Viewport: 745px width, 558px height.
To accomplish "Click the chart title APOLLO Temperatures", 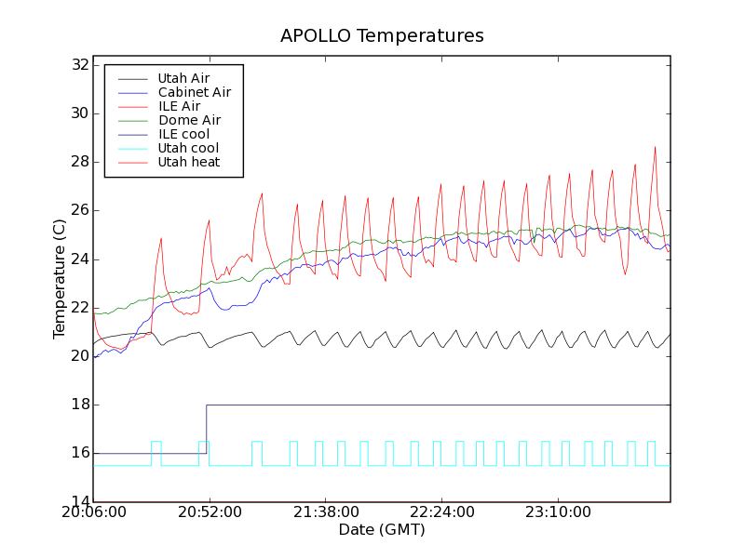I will pyautogui.click(x=382, y=36).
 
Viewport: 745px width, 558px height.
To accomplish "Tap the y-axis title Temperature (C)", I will pyautogui.click(x=60, y=279).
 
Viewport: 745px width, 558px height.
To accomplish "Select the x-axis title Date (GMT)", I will pyautogui.click(x=382, y=530).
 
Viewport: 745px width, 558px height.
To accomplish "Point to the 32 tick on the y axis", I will pyautogui.click(x=78, y=65).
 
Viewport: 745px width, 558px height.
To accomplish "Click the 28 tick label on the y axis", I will pyautogui.click(x=78, y=162).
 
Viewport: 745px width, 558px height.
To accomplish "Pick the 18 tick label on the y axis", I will pyautogui.click(x=78, y=405).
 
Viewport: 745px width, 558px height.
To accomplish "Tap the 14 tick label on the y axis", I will pyautogui.click(x=78, y=502).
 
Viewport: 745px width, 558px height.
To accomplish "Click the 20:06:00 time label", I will pyautogui.click(x=93, y=513).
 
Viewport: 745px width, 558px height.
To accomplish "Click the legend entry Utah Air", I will pyautogui.click(x=183, y=79).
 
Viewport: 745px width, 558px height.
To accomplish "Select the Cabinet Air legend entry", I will pyautogui.click(x=194, y=93).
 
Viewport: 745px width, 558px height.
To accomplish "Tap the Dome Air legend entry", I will pyautogui.click(x=189, y=121).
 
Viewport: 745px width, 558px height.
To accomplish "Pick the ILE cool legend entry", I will pyautogui.click(x=183, y=135).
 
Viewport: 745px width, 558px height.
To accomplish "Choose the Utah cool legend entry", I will pyautogui.click(x=188, y=149).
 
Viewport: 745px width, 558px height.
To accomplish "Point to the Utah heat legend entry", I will pyautogui.click(x=188, y=163).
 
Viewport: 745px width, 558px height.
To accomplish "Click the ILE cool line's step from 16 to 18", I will pyautogui.click(x=206, y=429).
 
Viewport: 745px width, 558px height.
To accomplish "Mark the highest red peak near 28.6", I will pyautogui.click(x=656, y=147).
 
